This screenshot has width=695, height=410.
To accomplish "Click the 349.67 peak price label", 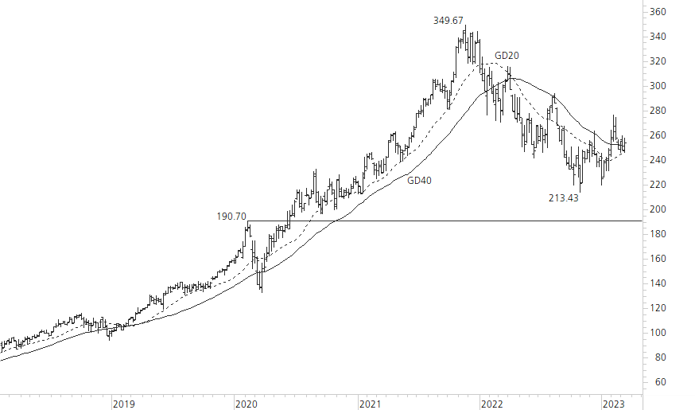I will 448,21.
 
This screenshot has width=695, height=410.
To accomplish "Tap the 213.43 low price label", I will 563,198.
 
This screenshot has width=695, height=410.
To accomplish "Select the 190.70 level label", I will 232,216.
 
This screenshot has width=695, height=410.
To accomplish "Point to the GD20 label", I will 507,55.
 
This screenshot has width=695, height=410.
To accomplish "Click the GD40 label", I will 419,181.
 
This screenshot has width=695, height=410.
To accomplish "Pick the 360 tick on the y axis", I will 658,12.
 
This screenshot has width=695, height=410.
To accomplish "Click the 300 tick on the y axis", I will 658,86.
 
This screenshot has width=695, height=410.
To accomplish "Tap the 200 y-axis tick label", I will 658,209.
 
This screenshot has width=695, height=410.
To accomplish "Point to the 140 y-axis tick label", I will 658,283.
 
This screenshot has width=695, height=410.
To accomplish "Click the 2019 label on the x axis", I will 123,404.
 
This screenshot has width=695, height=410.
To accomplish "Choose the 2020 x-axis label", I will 247,404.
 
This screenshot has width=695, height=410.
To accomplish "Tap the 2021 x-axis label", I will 370,404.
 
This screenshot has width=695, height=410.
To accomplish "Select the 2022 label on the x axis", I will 492,404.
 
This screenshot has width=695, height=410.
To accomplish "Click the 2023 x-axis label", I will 615,404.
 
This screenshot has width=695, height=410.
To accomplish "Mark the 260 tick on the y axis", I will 658,135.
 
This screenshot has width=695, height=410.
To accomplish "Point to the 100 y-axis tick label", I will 658,333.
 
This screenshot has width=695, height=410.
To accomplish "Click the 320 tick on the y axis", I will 658,61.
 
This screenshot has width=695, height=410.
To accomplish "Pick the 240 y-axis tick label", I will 658,160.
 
